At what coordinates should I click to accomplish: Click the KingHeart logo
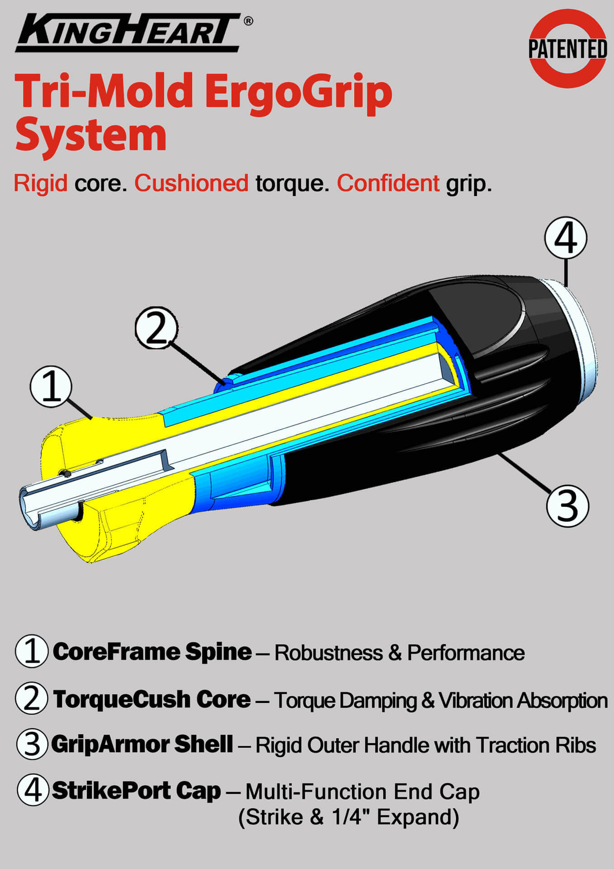point(128,33)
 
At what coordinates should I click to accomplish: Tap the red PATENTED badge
point(568,49)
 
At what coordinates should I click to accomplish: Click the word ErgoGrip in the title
point(298,94)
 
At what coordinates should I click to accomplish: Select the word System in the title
point(91,135)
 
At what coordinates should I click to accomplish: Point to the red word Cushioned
point(191,183)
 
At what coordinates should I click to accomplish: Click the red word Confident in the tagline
point(388,183)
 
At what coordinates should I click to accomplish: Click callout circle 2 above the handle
point(156,328)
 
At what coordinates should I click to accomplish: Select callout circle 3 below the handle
point(567,506)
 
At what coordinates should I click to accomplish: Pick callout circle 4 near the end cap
point(566,238)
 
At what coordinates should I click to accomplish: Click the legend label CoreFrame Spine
point(152,652)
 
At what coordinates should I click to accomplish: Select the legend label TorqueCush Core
point(152,699)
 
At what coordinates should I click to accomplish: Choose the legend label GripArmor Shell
point(142,745)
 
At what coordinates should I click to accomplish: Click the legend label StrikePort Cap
point(137,791)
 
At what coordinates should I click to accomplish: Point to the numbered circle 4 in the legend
point(33,790)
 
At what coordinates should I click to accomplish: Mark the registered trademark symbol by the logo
point(248,21)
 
